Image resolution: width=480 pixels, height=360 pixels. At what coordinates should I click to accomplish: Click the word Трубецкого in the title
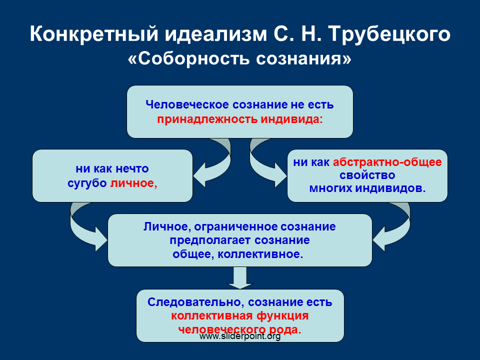point(389,34)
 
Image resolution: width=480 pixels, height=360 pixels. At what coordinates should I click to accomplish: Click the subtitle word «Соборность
point(189,58)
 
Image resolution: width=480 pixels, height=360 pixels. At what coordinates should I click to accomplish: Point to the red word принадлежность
point(207,119)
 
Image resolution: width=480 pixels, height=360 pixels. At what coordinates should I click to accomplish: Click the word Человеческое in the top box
point(187,104)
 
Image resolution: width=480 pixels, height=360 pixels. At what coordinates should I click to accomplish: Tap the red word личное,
point(133,183)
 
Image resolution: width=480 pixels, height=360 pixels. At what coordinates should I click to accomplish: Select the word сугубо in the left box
point(87,183)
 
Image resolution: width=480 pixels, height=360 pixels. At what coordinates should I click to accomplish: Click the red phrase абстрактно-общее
point(387,162)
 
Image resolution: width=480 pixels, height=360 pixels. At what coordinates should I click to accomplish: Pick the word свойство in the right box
point(367,175)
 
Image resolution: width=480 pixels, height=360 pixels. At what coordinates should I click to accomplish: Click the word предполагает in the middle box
point(210,240)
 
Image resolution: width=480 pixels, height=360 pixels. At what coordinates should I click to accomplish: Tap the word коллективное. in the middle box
point(260,254)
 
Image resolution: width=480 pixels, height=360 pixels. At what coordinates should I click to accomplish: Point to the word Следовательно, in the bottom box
point(196,302)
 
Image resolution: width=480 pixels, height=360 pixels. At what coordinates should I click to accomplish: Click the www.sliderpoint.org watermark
point(240,336)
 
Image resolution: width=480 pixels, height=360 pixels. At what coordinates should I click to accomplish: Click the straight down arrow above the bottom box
point(239,277)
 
